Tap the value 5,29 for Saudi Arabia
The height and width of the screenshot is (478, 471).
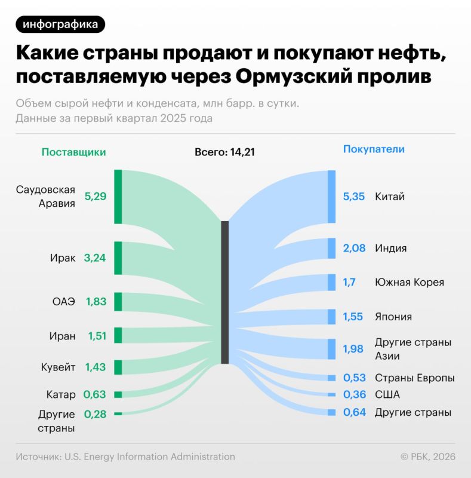(96, 196)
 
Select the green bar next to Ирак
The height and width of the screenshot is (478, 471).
(118, 258)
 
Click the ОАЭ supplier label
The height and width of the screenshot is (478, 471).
(64, 302)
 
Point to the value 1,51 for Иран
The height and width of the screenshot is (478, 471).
(97, 336)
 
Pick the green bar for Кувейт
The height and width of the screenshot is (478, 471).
(118, 367)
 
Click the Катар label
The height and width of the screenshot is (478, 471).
(61, 394)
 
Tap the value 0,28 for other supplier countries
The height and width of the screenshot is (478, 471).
(95, 413)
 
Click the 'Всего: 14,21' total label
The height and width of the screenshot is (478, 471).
(224, 152)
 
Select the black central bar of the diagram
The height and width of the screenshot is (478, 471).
(224, 292)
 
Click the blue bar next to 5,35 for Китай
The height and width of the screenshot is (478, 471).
(332, 197)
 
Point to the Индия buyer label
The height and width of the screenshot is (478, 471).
(390, 248)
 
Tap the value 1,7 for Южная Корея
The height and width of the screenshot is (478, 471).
(349, 282)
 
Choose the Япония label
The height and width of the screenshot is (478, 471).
(393, 317)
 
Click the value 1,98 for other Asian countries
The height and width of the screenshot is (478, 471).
(353, 349)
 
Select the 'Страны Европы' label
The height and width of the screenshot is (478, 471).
(414, 378)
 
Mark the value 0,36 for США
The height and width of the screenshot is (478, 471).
(355, 395)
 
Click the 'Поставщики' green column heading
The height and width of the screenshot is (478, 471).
(73, 152)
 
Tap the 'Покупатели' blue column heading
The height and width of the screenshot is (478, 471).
(374, 149)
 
